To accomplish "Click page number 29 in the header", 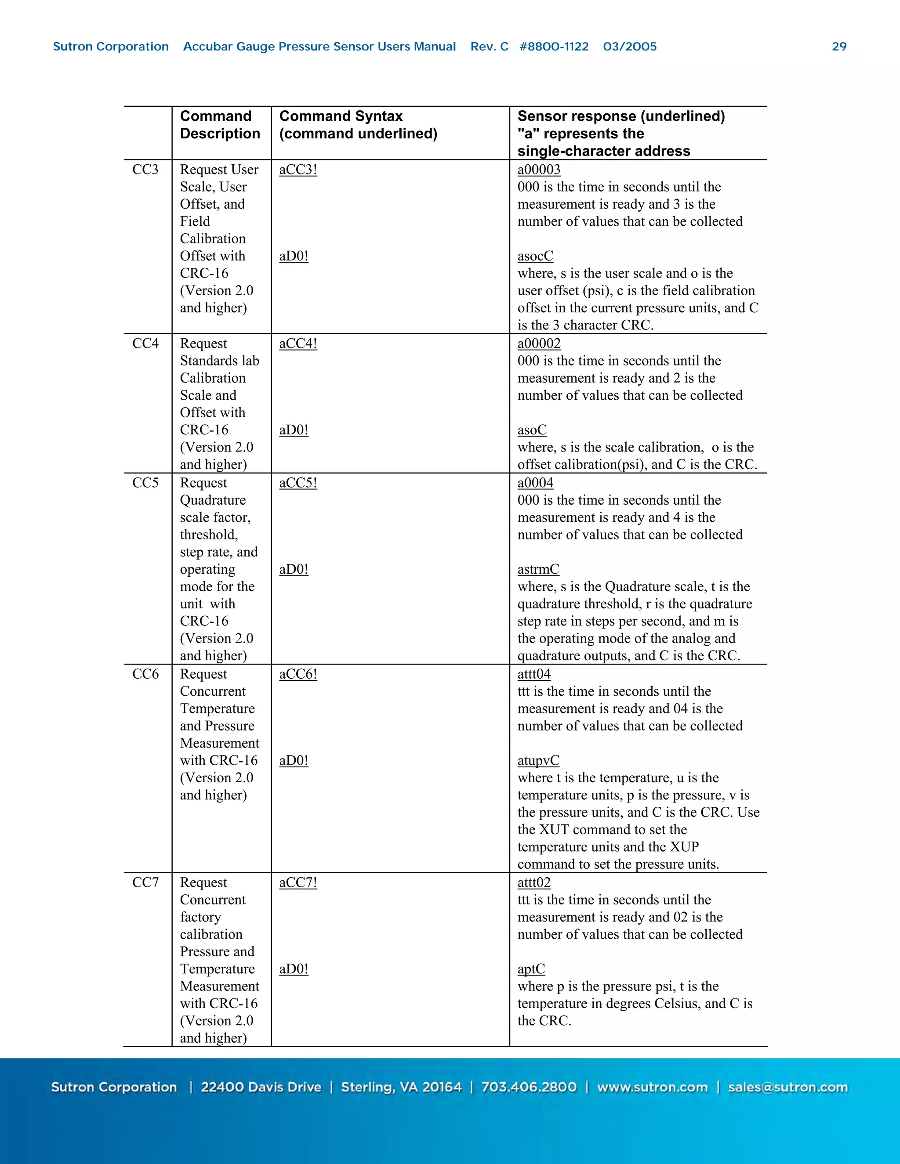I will pyautogui.click(x=838, y=47).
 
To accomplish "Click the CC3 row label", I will pyautogui.click(x=145, y=170).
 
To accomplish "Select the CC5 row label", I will pyautogui.click(x=145, y=483).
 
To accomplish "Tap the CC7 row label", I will pyautogui.click(x=145, y=882).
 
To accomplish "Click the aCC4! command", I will pyautogui.click(x=298, y=344).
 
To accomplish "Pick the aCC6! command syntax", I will pyautogui.click(x=298, y=674).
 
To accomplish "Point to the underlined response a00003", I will pyautogui.click(x=538, y=170).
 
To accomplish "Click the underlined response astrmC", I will pyautogui.click(x=538, y=569).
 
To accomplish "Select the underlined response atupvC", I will pyautogui.click(x=538, y=760).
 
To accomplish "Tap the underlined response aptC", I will pyautogui.click(x=531, y=969).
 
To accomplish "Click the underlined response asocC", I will pyautogui.click(x=535, y=257).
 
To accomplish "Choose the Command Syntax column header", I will pyautogui.click(x=358, y=125).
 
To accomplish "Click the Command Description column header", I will pyautogui.click(x=220, y=125).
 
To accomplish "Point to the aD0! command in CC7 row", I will pyautogui.click(x=293, y=969).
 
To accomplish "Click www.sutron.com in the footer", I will pyautogui.click(x=652, y=1087).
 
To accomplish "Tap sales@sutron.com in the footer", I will pyautogui.click(x=787, y=1087).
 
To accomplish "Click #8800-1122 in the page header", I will pyautogui.click(x=554, y=47).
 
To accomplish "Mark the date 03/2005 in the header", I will pyautogui.click(x=630, y=47).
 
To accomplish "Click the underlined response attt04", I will pyautogui.click(x=533, y=674).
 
